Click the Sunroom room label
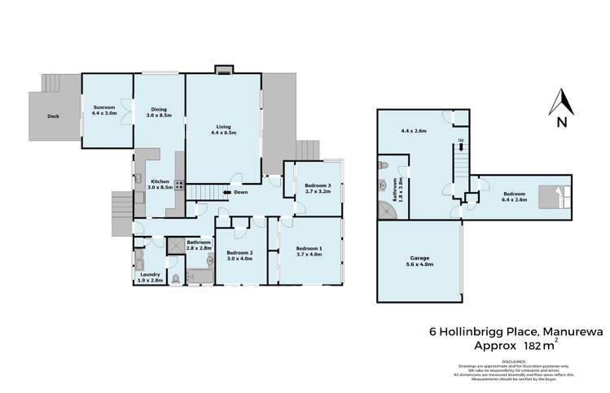pos(102,107)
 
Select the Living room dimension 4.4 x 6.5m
pos(224,133)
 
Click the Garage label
pos(419,258)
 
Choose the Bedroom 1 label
pos(309,248)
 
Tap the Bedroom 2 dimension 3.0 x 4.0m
pos(240,260)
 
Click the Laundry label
pos(148,274)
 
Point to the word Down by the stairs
pos(241,193)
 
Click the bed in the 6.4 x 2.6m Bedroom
pos(562,196)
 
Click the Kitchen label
pos(159,181)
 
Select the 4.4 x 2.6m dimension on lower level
pos(415,130)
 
